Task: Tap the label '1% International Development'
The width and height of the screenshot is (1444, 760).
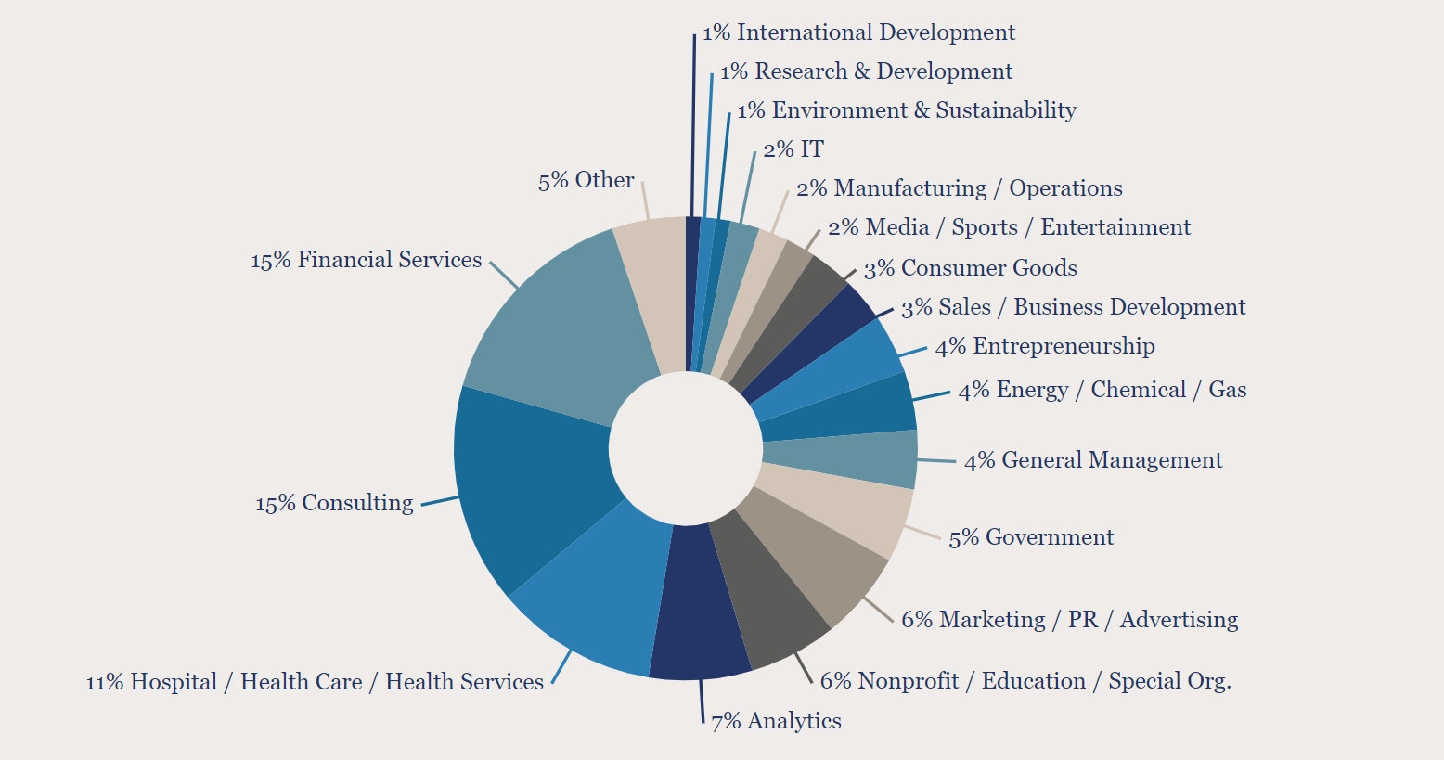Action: click(x=858, y=32)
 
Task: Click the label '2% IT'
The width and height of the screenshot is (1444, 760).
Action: click(x=793, y=149)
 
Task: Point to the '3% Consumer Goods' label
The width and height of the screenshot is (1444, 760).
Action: click(x=971, y=268)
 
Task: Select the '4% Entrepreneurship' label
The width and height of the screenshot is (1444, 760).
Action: click(x=1045, y=347)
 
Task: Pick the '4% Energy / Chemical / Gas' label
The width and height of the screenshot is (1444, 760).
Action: click(x=1102, y=390)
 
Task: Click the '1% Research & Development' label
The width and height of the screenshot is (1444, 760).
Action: click(x=866, y=71)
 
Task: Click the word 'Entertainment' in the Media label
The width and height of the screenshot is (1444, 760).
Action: click(x=1115, y=227)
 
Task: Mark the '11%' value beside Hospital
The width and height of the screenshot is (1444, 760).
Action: click(x=104, y=682)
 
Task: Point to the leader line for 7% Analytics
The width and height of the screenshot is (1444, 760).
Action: click(x=702, y=700)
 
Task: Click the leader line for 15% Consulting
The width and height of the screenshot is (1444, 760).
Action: click(x=440, y=501)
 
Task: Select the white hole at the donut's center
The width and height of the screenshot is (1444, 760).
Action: click(x=685, y=448)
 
